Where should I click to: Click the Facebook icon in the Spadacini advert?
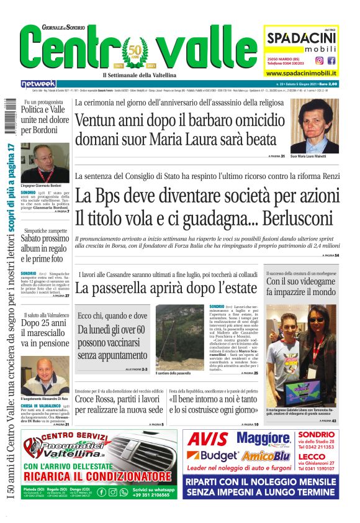pos(331,60)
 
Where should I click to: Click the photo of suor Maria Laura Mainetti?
pos(314,126)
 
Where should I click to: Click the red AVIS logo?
pos(208,439)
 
